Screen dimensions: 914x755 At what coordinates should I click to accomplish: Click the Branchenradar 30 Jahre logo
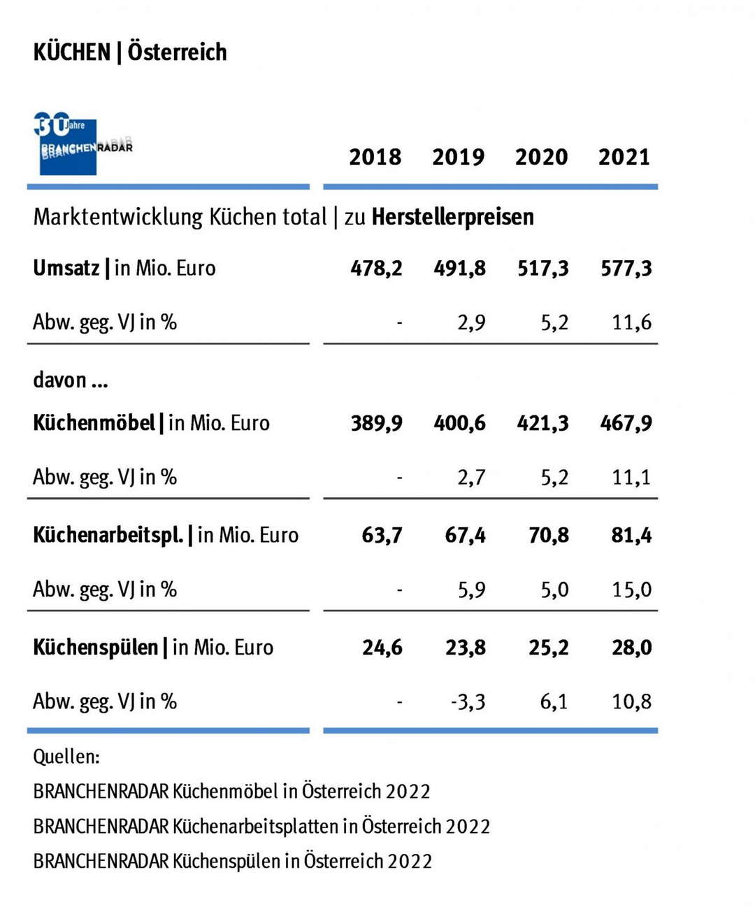tap(82, 144)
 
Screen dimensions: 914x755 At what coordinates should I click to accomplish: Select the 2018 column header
tap(375, 157)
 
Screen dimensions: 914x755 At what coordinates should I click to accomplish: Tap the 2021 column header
tap(624, 157)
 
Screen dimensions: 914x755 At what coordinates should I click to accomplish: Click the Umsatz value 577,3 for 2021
tap(626, 269)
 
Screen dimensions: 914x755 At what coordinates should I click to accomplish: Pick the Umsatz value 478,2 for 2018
tap(376, 269)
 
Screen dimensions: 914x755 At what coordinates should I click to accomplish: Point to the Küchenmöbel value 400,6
tap(459, 423)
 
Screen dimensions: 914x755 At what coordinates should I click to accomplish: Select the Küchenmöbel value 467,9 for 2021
tap(626, 423)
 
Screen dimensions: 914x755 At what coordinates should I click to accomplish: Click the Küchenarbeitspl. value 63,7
tap(382, 536)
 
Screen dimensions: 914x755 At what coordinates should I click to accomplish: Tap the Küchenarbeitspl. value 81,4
tap(631, 536)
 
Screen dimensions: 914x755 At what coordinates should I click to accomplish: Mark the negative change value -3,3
tap(468, 701)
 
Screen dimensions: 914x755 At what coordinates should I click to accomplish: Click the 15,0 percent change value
tap(631, 590)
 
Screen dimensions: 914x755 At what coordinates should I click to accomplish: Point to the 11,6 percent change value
tap(631, 322)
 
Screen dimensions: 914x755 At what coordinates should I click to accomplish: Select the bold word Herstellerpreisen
tap(452, 217)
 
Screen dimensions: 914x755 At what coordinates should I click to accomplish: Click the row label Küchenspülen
tap(96, 648)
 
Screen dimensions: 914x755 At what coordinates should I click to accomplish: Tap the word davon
tap(60, 380)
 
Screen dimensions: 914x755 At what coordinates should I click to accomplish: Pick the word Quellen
tap(66, 757)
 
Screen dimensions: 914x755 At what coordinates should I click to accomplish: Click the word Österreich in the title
tap(177, 52)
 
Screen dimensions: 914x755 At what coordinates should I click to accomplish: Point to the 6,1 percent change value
tap(554, 701)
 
